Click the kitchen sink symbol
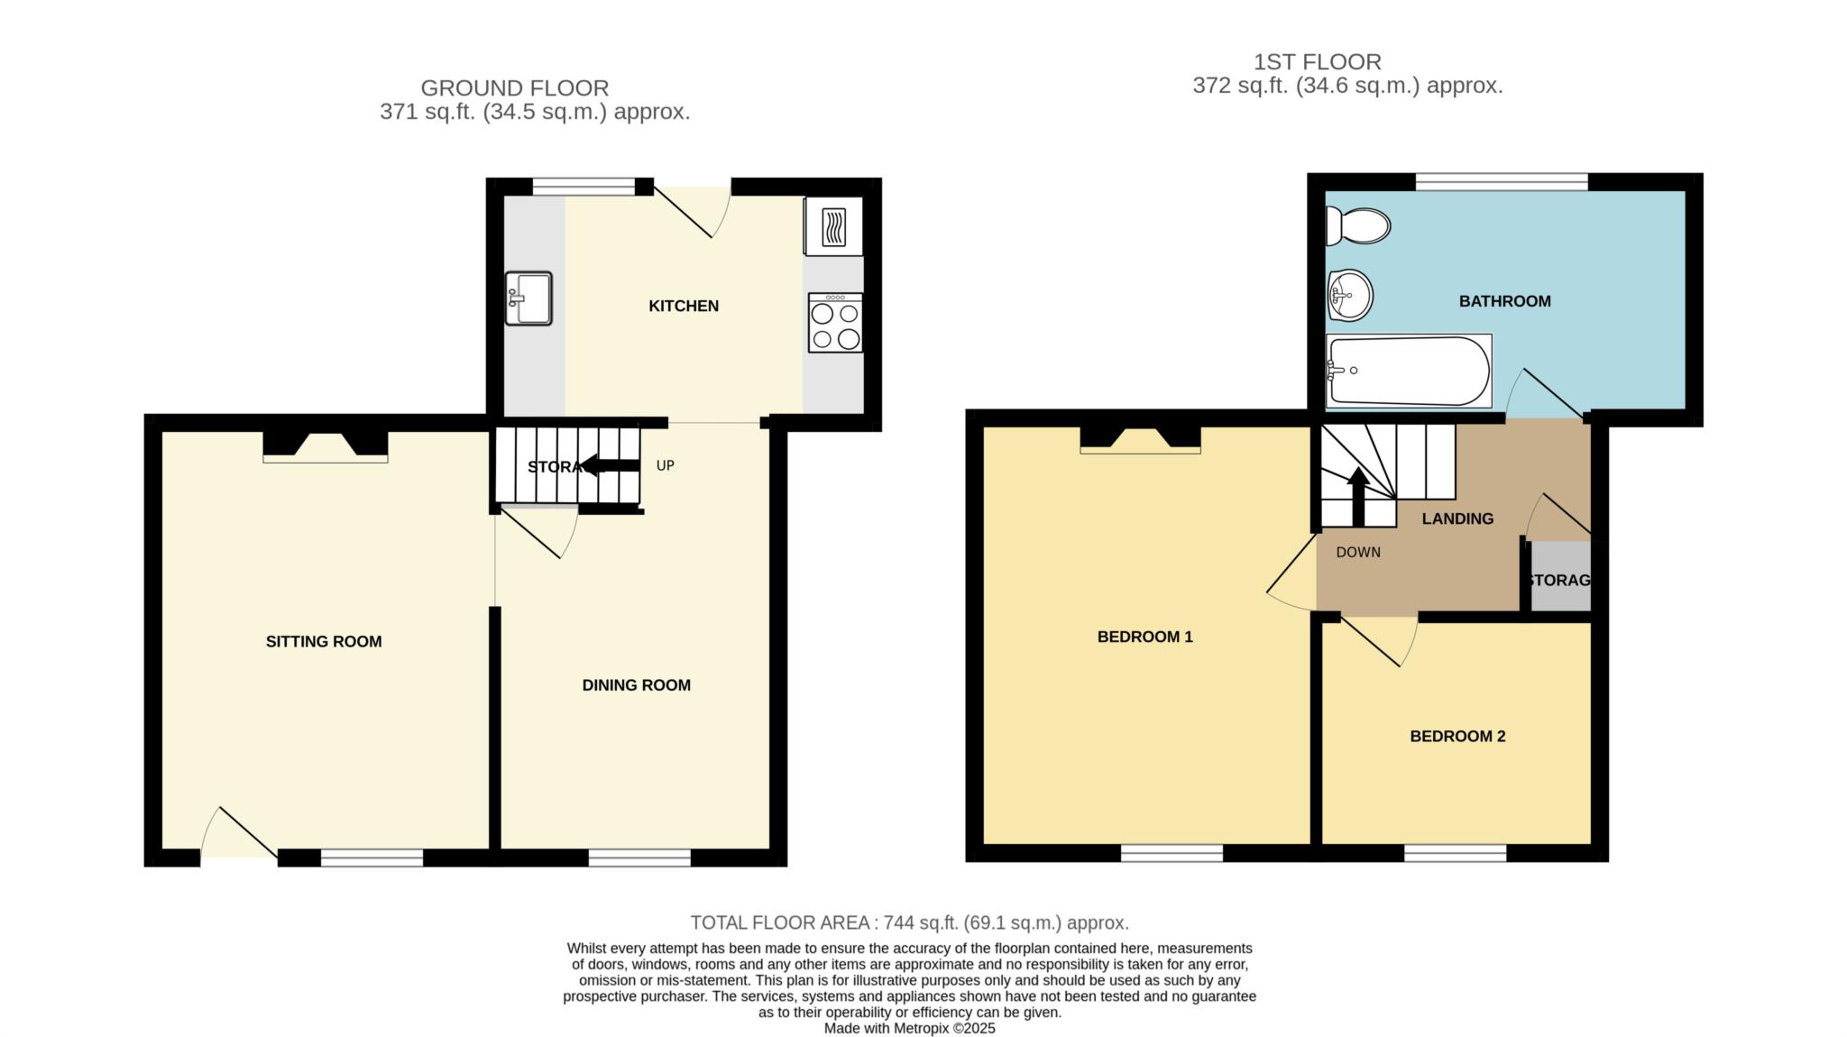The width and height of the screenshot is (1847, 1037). (x=528, y=298)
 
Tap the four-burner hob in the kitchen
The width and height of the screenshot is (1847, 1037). (x=835, y=323)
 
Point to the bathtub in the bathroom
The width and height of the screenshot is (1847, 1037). (x=1409, y=371)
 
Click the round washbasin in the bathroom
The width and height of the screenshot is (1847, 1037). (x=1350, y=295)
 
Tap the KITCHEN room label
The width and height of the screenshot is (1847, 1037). (x=684, y=307)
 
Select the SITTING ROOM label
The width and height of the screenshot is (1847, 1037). (x=324, y=642)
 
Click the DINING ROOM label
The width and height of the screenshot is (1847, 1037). (x=637, y=685)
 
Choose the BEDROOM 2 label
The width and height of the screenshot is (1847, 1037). (x=1457, y=737)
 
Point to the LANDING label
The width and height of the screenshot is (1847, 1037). (x=1457, y=518)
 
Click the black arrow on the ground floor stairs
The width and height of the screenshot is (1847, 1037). (x=610, y=465)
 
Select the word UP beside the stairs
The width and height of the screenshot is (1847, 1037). (x=666, y=466)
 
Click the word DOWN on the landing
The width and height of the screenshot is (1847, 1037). (x=1358, y=553)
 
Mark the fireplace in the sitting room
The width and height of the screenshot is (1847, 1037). (x=326, y=446)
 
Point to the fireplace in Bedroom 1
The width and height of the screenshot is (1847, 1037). (x=1141, y=439)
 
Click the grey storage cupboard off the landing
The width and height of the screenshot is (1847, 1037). (x=1560, y=576)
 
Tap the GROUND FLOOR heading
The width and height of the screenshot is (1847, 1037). (x=515, y=88)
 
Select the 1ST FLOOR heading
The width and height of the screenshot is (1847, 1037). (x=1318, y=62)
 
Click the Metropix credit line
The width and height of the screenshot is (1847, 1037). (x=910, y=1028)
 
